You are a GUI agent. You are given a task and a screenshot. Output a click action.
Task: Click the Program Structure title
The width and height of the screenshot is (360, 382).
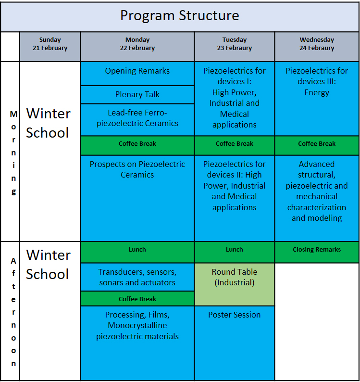coord(180,15)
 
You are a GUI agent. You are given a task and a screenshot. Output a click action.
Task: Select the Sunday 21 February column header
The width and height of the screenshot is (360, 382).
coord(50,47)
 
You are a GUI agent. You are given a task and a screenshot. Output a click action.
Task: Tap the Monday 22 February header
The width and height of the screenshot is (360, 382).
coord(137,47)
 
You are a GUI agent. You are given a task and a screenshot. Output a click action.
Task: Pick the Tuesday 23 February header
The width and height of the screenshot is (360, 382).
coord(235,47)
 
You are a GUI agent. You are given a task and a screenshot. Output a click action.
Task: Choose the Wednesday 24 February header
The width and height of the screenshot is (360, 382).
coord(317,47)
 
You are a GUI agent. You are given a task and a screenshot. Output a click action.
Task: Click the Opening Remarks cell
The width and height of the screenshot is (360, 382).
coord(137,73)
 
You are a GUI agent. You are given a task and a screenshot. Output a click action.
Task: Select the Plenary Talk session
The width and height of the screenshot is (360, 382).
coord(137,95)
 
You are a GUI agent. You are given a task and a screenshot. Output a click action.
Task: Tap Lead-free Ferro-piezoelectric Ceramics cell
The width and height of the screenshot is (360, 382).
coord(137,120)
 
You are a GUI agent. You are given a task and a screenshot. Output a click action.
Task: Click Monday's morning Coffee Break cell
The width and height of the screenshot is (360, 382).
coord(137,145)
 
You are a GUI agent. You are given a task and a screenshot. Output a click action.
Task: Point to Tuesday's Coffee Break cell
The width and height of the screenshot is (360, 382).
coord(235,145)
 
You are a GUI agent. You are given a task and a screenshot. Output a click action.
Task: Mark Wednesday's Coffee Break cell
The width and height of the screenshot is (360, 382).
coord(317,145)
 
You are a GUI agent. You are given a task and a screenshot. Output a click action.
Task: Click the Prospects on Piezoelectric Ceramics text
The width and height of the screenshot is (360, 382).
coord(137,169)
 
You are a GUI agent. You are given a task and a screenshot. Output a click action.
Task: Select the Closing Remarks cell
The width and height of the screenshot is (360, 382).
coord(317,252)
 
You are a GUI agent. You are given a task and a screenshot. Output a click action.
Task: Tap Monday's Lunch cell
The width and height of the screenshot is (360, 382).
coord(137,252)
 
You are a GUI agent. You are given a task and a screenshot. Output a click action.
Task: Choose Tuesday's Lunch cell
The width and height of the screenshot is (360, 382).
coord(235,252)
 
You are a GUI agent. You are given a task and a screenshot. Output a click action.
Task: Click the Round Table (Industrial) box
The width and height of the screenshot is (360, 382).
coord(235,284)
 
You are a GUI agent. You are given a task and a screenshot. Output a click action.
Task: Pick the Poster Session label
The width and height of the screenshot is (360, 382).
coord(235,315)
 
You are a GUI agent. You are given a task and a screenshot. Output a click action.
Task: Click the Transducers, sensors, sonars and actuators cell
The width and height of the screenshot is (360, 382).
coord(137,277)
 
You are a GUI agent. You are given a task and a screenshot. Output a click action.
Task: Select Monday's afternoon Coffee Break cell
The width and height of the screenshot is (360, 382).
coord(137,299)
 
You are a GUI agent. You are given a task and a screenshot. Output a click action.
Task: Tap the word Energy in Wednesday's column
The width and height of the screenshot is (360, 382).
coord(317,93)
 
